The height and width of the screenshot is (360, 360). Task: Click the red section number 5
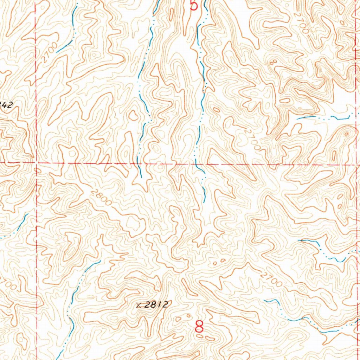point(193,5)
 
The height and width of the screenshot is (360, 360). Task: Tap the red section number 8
point(199,327)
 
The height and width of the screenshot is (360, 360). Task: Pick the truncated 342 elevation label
point(6,104)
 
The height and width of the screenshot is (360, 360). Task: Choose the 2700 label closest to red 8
point(272,278)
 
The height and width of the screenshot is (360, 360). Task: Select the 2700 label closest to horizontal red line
point(252,140)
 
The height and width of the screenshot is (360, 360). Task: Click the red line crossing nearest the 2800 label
point(37,163)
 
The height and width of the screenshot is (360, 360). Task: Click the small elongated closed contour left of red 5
point(171,14)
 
